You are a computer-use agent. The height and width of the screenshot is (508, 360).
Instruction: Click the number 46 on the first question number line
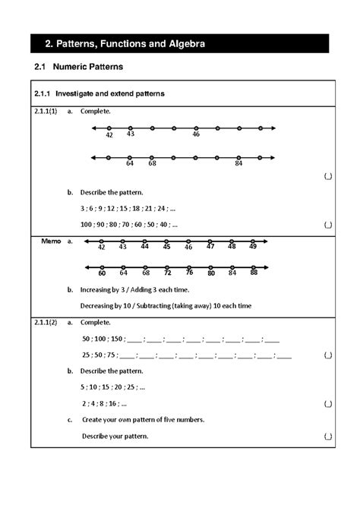coord(196,134)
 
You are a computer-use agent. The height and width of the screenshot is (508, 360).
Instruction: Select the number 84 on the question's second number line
coord(238,162)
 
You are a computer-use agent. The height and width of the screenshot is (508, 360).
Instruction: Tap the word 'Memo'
coord(51,241)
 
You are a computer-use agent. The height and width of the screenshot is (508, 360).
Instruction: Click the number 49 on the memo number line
coord(253,247)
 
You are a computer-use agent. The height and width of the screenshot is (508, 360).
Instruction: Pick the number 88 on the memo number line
coord(254,273)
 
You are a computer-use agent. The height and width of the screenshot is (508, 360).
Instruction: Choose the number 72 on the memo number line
coord(167,273)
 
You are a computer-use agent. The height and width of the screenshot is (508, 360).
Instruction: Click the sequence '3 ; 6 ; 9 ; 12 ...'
coord(128,207)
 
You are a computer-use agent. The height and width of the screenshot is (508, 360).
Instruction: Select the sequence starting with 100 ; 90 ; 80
coord(129,224)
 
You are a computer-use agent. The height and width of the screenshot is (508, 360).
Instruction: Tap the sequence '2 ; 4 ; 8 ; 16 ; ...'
coord(103,404)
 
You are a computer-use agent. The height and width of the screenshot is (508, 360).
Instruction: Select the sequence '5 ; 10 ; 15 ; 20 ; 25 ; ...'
coord(112,387)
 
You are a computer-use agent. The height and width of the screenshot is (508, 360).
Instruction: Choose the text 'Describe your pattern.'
coord(115,437)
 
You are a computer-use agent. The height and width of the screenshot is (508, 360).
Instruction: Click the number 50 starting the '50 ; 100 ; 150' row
coord(86,339)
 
